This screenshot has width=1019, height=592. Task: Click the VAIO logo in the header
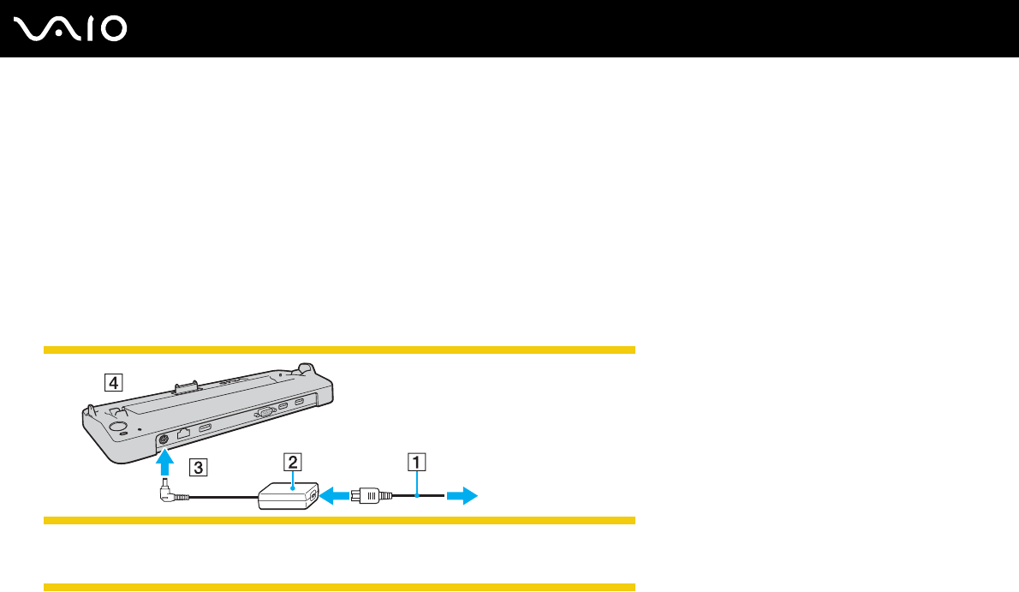point(71,29)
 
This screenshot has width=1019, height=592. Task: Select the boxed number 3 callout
point(198,468)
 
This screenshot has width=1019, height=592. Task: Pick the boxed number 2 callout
point(293,463)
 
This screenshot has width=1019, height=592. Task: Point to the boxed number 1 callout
point(416,463)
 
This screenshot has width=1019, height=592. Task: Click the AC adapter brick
point(288,496)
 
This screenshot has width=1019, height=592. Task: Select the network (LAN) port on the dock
point(183,434)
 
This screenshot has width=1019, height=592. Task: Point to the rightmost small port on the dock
point(299,403)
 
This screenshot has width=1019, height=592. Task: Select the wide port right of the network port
point(206,428)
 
